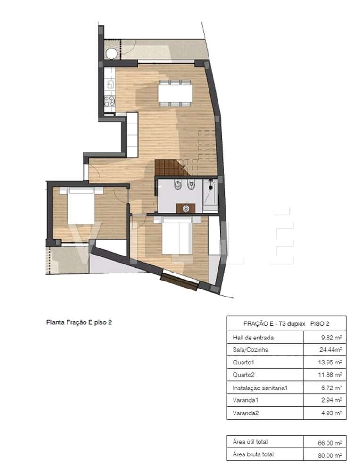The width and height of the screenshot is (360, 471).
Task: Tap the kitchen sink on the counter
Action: [109, 84]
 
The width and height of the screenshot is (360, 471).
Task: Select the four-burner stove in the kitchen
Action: [109, 101]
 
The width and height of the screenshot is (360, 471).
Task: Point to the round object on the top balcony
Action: [111, 53]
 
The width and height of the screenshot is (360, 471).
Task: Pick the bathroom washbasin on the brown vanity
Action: [185, 208]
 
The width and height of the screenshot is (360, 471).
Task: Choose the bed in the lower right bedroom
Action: [178, 235]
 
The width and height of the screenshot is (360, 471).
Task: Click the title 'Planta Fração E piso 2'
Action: [78, 323]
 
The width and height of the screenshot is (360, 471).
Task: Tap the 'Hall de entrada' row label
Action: [253, 338]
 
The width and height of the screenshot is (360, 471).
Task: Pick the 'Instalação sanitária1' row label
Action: [260, 388]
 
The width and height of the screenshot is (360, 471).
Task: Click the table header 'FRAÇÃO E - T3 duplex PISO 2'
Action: [286, 323]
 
